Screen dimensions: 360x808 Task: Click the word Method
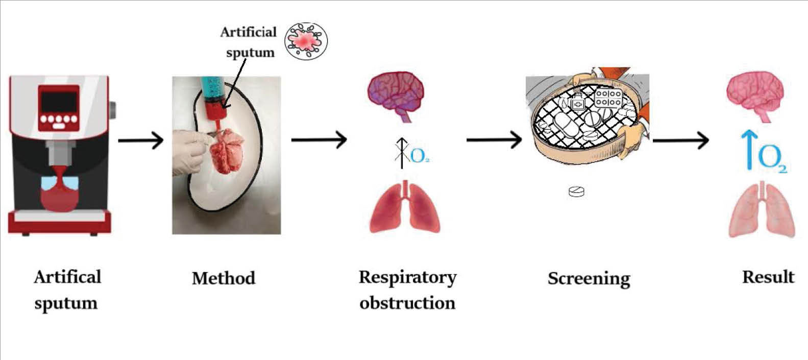coord(223,278)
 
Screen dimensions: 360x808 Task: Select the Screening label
coord(589,279)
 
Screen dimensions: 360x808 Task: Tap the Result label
coord(768,277)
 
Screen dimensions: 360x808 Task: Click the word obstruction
coord(407,303)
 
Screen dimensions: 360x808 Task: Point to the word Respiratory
coord(407,277)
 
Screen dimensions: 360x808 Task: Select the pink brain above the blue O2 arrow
coord(754,95)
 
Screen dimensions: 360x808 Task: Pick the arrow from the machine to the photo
coord(140,140)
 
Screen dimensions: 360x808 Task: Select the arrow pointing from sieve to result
coord(680,140)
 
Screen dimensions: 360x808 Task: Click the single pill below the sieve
coord(576,191)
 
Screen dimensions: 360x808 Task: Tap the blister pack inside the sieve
coord(608,98)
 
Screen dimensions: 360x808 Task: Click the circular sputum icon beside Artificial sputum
coord(306,41)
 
